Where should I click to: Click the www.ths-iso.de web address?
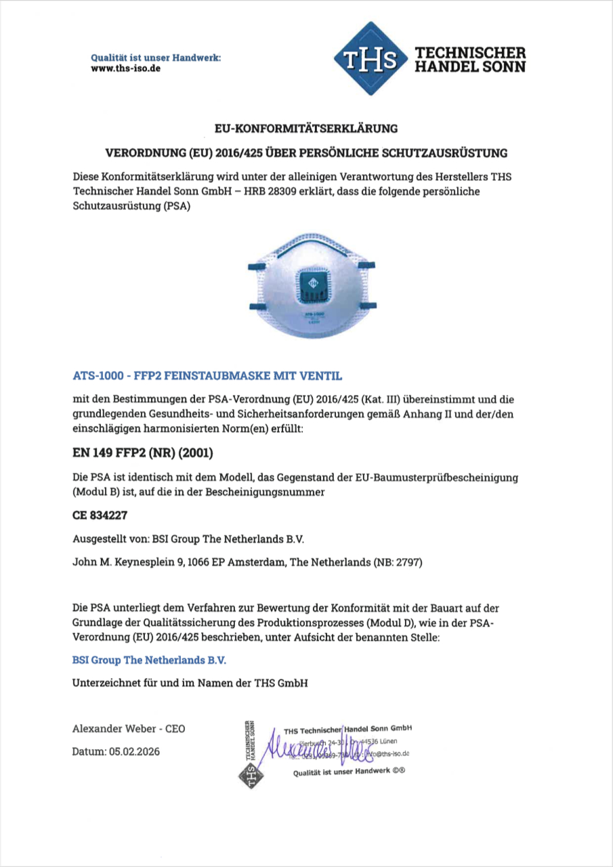point(126,69)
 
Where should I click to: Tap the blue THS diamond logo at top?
point(369,59)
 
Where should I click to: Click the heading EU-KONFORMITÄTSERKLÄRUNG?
point(306,127)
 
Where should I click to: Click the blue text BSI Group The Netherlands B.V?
point(154,659)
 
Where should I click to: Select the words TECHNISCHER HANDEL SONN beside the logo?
point(469,60)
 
